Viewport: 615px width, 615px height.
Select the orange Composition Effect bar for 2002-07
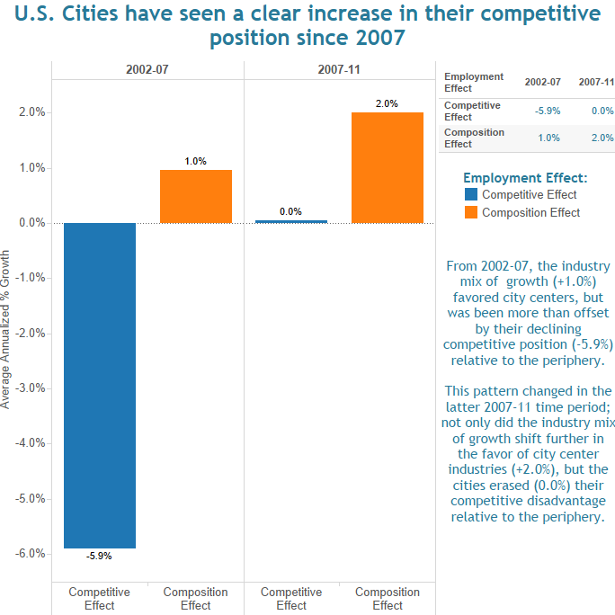click(x=195, y=196)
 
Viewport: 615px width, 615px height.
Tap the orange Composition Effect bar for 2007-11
click(x=387, y=167)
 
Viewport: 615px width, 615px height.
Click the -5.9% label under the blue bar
click(x=99, y=556)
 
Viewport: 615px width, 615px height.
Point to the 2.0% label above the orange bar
click(x=387, y=104)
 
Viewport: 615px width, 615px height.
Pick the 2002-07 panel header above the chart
click(x=147, y=70)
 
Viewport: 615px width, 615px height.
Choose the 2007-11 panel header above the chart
click(x=339, y=70)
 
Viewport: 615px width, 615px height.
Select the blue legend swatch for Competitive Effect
click(x=471, y=194)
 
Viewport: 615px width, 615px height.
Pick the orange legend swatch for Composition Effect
click(x=471, y=212)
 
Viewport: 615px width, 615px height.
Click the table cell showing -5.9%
click(x=548, y=111)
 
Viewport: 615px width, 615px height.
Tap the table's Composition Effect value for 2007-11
click(x=602, y=138)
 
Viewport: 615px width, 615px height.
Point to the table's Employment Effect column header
click(x=474, y=83)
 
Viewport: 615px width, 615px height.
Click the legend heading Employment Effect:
click(x=525, y=177)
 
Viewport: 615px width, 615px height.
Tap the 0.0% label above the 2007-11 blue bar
click(x=290, y=212)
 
